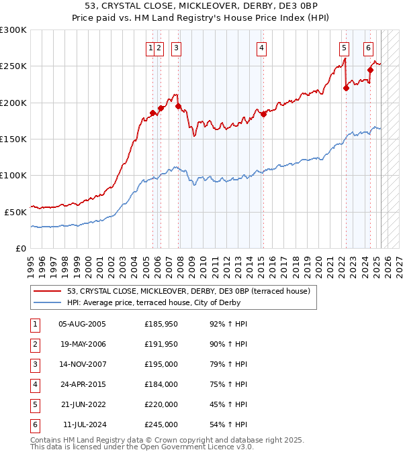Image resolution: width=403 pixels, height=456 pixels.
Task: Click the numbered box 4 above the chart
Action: [261, 48]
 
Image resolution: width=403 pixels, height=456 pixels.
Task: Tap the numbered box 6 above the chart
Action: [369, 48]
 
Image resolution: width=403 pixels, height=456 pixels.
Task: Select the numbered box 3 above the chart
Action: [176, 48]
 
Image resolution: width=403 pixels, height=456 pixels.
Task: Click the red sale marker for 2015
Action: [264, 114]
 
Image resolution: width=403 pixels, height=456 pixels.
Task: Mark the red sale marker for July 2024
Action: [371, 70]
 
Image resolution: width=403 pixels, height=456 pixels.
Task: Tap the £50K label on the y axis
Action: [15, 211]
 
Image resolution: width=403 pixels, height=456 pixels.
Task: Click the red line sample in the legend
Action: [48, 291]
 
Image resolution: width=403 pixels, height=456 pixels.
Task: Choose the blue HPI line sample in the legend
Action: [48, 303]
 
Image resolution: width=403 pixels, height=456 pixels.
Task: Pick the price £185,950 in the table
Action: [161, 324]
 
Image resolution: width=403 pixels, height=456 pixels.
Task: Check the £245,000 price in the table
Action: [161, 424]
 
